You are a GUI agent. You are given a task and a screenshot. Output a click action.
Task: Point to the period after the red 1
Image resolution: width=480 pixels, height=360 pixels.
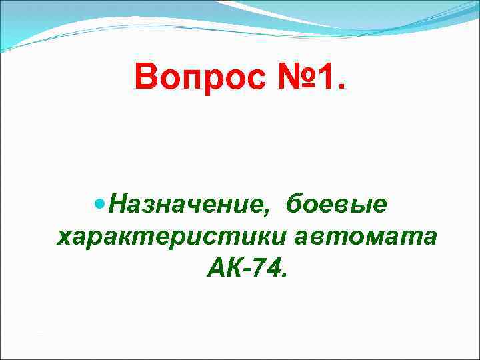pos(341,87)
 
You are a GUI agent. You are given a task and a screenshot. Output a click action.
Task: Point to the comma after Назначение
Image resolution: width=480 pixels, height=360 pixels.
pos(267,213)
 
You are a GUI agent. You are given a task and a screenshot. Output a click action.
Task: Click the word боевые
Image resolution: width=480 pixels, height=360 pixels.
pos(337,204)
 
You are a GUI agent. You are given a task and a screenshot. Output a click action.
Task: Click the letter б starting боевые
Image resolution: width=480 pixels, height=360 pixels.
pos(294,203)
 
